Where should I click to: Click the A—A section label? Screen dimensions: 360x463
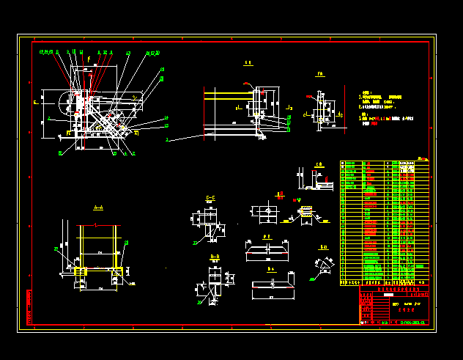pyautogui.click(x=98, y=208)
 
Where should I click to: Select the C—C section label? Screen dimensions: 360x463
pyautogui.click(x=210, y=198)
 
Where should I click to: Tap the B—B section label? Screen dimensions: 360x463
pyautogui.click(x=215, y=256)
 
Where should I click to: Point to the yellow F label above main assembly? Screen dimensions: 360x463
pyautogui.click(x=89, y=58)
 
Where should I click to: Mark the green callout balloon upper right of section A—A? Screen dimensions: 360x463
pyautogui.click(x=127, y=243)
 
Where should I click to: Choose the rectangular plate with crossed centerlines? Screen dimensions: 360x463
pyautogui.click(x=265, y=213)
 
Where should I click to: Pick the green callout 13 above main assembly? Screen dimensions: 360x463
pyautogui.click(x=129, y=54)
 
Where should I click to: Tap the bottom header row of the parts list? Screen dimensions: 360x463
pyautogui.click(x=385, y=282)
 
